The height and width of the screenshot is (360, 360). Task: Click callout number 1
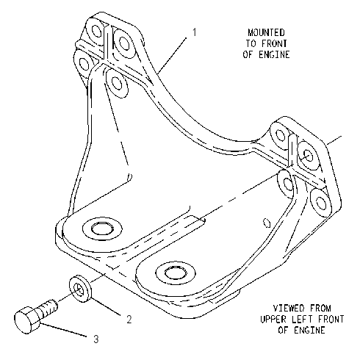pos(195,32)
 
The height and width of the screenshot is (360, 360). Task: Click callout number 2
pos(129,319)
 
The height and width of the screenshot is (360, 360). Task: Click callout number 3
pos(96,339)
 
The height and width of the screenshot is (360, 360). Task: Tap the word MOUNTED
pos(266,32)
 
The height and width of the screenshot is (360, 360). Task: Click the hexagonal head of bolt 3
pos(26,320)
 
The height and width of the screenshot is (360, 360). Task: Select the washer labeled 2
pos(80,289)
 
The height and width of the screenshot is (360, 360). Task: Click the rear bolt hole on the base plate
pos(102,229)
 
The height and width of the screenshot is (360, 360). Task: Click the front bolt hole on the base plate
pos(176,273)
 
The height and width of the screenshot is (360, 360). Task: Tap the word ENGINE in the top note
pos(274,54)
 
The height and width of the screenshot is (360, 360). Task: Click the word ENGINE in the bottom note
pos(309,330)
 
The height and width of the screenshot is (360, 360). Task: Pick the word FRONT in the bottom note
pos(331,319)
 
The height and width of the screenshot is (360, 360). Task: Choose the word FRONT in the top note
pos(274,43)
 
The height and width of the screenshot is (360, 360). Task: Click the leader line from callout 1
pos(173,55)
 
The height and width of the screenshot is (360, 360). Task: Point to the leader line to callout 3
pos(64,330)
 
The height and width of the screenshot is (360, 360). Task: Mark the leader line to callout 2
pos(107,306)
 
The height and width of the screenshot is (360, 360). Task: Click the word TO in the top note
pos(251,43)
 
